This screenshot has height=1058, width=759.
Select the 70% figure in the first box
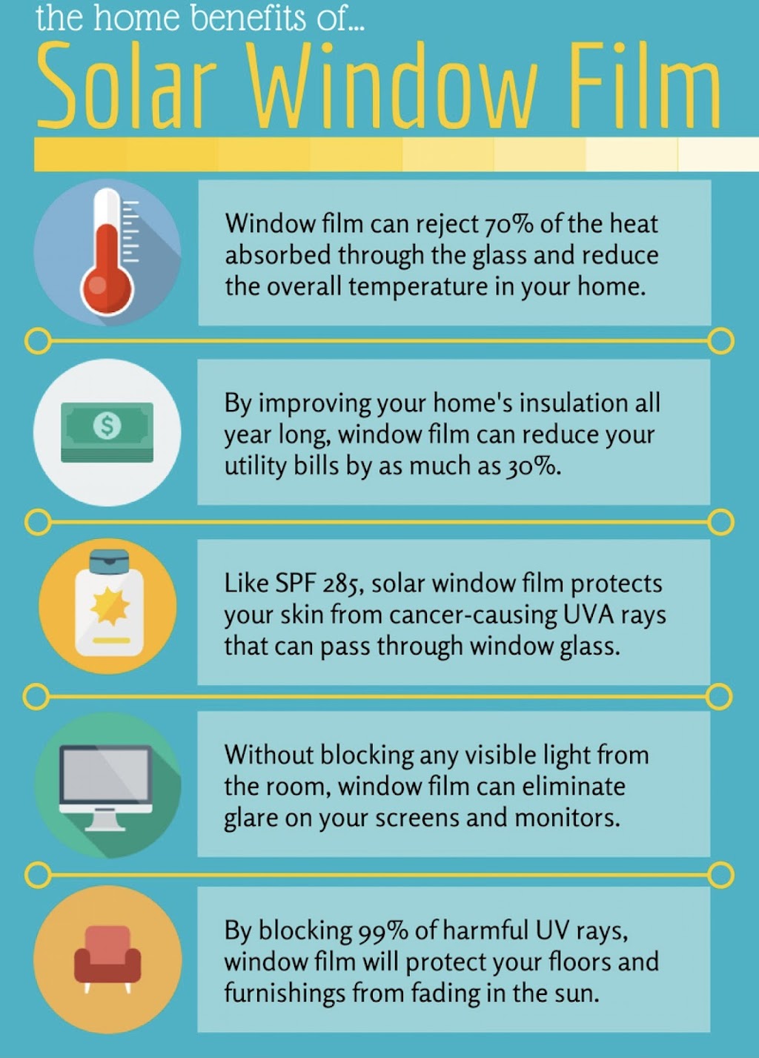(x=508, y=225)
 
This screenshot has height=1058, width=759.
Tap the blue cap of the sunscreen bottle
(x=109, y=561)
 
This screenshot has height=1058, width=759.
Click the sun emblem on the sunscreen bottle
(x=110, y=606)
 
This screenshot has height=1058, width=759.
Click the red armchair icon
(x=107, y=959)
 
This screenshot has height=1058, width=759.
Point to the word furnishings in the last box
(x=285, y=993)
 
